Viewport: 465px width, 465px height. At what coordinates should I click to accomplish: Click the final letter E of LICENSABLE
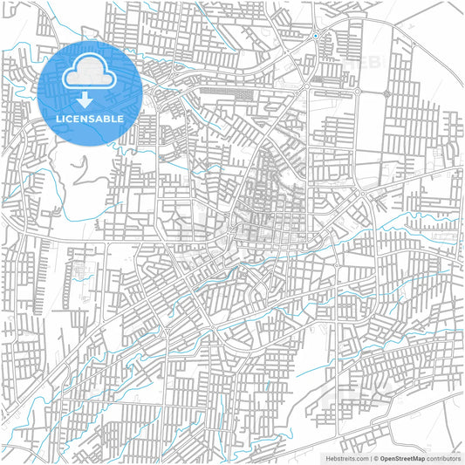pyautogui.click(x=120, y=118)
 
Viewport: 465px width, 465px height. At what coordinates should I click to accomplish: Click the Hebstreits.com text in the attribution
pyautogui.click(x=347, y=458)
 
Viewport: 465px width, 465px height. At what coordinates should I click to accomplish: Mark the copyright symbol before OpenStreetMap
pyautogui.click(x=376, y=458)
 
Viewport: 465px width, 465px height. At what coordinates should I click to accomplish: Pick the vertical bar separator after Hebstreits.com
pyautogui.click(x=370, y=458)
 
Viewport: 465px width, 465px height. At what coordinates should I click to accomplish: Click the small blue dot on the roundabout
pyautogui.click(x=315, y=36)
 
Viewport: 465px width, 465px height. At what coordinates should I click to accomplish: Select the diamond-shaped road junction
pyautogui.click(x=386, y=92)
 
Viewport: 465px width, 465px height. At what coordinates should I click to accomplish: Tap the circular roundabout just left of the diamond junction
pyautogui.click(x=357, y=92)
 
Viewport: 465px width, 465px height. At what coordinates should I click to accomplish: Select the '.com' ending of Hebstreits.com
pyautogui.click(x=361, y=458)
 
